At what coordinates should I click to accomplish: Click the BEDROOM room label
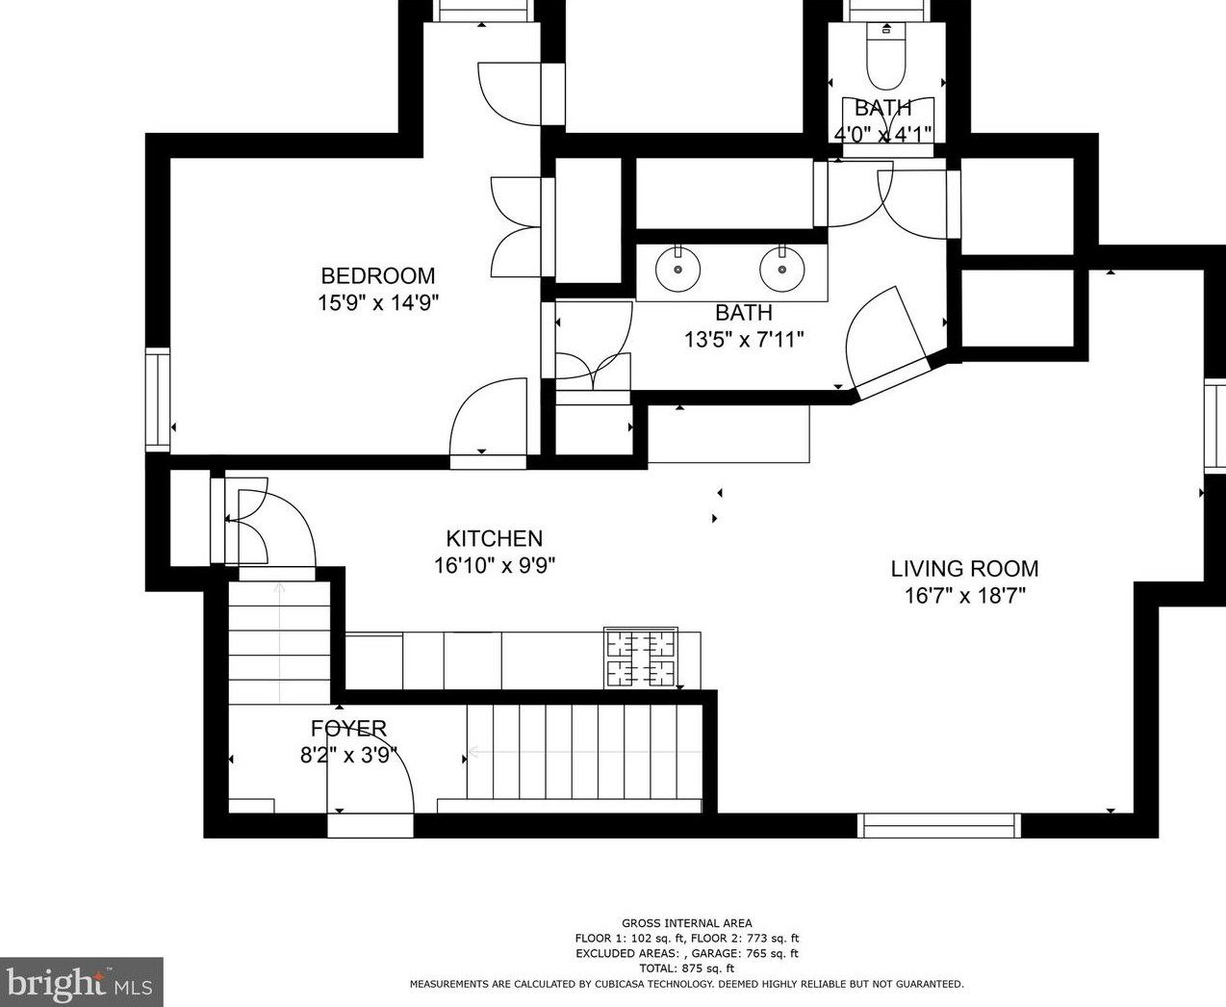tap(378, 276)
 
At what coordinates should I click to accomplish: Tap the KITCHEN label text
tap(494, 539)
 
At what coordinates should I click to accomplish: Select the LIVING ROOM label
tap(964, 569)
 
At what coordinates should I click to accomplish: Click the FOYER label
tap(348, 729)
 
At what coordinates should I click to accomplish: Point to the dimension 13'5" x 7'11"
tap(744, 339)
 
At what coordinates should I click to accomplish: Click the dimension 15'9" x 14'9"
tap(378, 303)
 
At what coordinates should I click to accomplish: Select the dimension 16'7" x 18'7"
tap(964, 596)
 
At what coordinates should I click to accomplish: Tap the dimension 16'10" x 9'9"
tap(494, 565)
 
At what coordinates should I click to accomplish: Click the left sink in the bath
tap(678, 269)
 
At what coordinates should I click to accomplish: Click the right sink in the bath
tap(782, 269)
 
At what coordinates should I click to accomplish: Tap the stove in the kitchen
tap(640, 658)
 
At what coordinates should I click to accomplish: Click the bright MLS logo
tap(81, 982)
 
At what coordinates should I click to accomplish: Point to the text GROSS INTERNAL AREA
tap(686, 923)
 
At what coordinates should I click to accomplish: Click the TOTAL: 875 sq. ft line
tap(686, 968)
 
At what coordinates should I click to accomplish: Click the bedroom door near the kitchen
tap(489, 419)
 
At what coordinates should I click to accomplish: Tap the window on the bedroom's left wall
tap(157, 400)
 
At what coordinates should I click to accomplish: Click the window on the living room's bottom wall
tap(938, 825)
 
